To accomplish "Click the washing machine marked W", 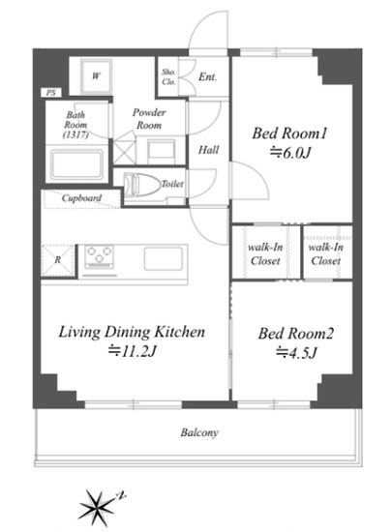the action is pyautogui.click(x=96, y=76).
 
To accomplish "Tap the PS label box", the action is pyautogui.click(x=51, y=92).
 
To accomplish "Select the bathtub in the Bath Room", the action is pyautogui.click(x=76, y=163).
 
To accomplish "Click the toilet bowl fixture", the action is pyautogui.click(x=142, y=185).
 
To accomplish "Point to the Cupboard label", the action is pyautogui.click(x=81, y=197).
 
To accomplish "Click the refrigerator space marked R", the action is pyautogui.click(x=58, y=260).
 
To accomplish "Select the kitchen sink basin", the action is pyautogui.click(x=164, y=259).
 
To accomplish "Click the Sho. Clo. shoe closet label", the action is pyautogui.click(x=168, y=76).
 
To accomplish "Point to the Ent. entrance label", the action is pyautogui.click(x=207, y=77).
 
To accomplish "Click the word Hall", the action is pyautogui.click(x=208, y=150).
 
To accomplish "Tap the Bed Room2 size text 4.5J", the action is pyautogui.click(x=296, y=353).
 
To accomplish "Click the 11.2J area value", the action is pyautogui.click(x=132, y=351).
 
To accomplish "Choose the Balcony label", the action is pyautogui.click(x=199, y=432).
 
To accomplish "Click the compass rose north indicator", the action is pyautogui.click(x=120, y=496).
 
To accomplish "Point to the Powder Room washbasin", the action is pyautogui.click(x=162, y=152).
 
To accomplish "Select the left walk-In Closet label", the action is pyautogui.click(x=265, y=254).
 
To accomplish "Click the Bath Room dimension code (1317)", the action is pyautogui.click(x=75, y=134).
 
